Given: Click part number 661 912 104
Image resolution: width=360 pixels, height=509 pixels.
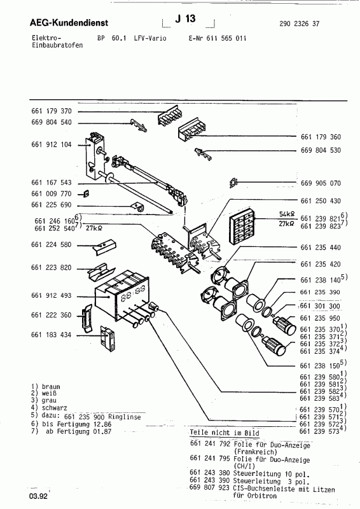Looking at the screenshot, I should (53, 144).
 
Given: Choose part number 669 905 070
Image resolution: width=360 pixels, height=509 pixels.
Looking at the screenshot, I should (319, 183).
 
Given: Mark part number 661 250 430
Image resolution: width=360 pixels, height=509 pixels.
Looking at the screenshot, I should (319, 201).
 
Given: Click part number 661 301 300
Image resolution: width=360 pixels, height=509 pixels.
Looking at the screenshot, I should (320, 306).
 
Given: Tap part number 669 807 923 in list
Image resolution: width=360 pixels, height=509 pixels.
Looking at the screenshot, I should (210, 489).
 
